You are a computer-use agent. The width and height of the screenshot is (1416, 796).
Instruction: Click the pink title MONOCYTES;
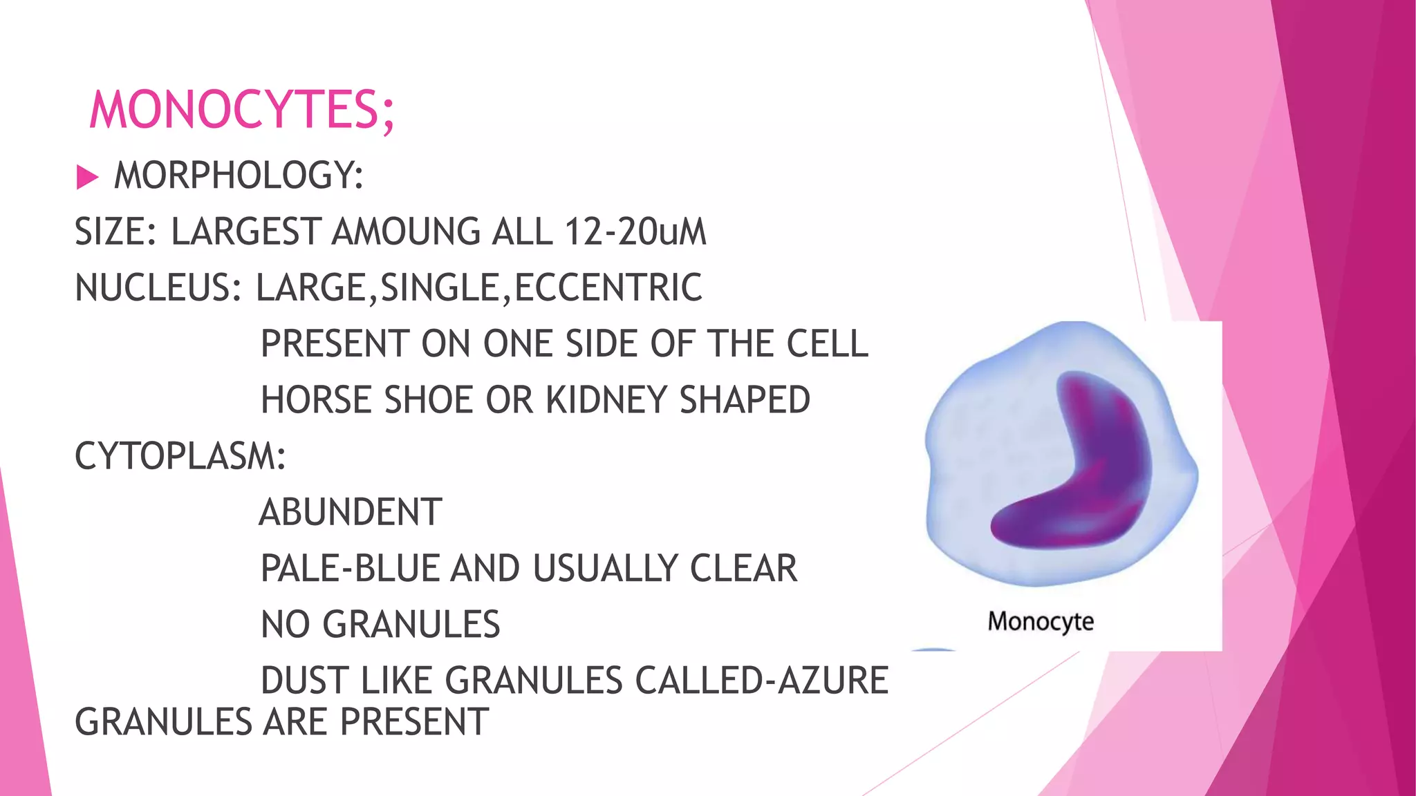tap(242, 110)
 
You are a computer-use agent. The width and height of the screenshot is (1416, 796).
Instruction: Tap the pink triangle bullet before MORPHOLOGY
tap(87, 177)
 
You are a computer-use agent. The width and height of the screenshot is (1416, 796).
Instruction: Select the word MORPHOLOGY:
tap(239, 176)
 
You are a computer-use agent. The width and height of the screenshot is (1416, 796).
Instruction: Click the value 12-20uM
tap(635, 231)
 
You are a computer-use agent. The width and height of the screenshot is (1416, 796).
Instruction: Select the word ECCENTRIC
tap(608, 288)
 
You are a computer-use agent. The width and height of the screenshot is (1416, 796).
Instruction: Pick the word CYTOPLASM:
tap(180, 457)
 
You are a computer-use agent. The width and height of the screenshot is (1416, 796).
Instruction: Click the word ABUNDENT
tap(351, 513)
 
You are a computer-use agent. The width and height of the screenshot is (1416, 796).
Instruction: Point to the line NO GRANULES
tap(380, 625)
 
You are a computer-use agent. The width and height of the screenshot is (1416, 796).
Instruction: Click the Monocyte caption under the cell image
tap(1041, 621)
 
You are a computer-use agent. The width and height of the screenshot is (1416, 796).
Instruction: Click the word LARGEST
tap(245, 231)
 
